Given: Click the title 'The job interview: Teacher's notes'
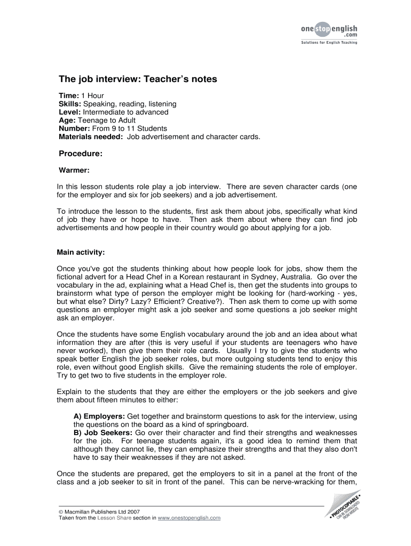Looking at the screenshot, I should tap(138, 79).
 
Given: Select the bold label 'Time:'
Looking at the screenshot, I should tap(68, 95).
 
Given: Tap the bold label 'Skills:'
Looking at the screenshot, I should tap(70, 104).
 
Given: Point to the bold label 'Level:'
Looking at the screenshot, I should tap(69, 112).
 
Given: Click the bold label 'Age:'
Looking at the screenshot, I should tap(67, 121).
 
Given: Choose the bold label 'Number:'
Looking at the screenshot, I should tap(74, 129).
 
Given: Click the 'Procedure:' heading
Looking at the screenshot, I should tap(80, 154).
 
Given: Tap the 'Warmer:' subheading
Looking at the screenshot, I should tap(73, 171).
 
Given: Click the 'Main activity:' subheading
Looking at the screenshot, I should tap(81, 252).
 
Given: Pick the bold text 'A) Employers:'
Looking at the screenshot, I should tap(99, 416).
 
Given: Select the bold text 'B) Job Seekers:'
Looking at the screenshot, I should tap(103, 432).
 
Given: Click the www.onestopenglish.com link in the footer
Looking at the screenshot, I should tap(189, 518).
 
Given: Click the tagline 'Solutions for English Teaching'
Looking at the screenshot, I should tap(326, 43).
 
